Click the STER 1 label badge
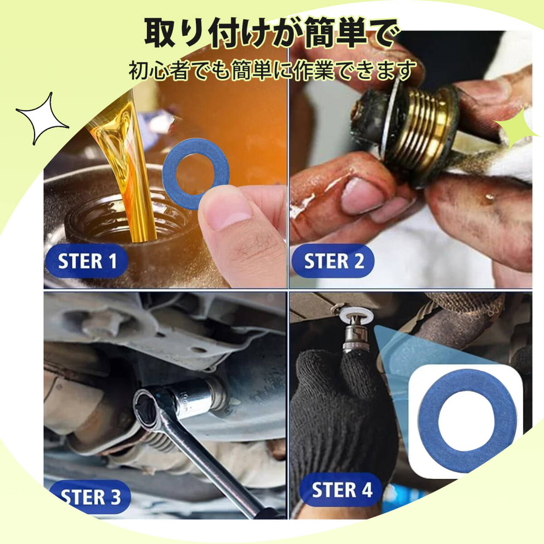tap(87, 261)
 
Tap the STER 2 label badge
tap(333, 261)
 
